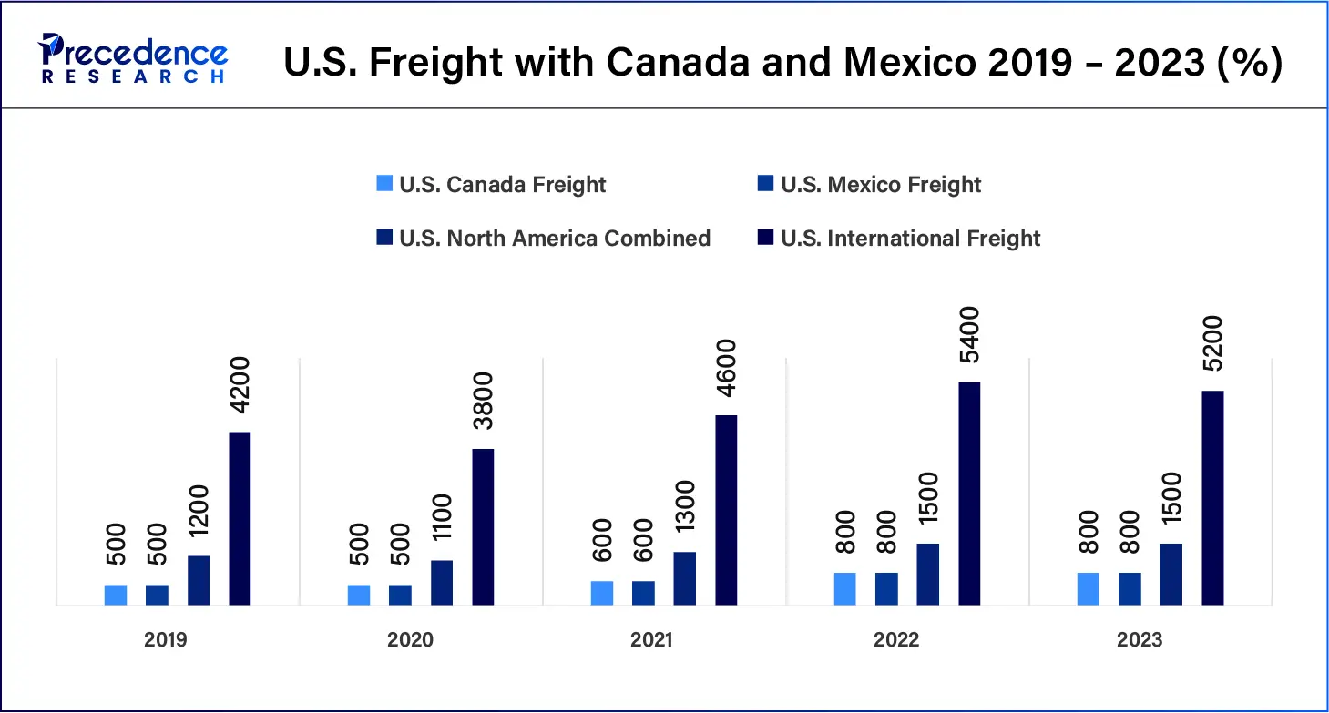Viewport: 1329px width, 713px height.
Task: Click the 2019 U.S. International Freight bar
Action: [240, 518]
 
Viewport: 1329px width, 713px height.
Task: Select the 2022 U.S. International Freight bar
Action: [969, 494]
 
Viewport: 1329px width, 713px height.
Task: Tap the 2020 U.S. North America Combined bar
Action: [442, 583]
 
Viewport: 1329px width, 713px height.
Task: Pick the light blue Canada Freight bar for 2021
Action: [602, 593]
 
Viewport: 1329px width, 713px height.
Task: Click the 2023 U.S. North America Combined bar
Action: [1171, 575]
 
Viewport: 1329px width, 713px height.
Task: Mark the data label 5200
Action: [1212, 343]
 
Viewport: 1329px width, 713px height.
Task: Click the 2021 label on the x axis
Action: [651, 640]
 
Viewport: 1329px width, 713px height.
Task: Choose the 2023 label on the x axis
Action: [1140, 640]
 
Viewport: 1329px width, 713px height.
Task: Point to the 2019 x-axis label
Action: [166, 640]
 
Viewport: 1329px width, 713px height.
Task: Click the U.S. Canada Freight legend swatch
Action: [384, 185]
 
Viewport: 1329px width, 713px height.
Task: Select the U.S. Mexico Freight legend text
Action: [881, 185]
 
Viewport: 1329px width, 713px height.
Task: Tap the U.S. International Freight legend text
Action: [910, 239]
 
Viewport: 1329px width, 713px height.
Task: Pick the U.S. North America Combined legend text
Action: [555, 239]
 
